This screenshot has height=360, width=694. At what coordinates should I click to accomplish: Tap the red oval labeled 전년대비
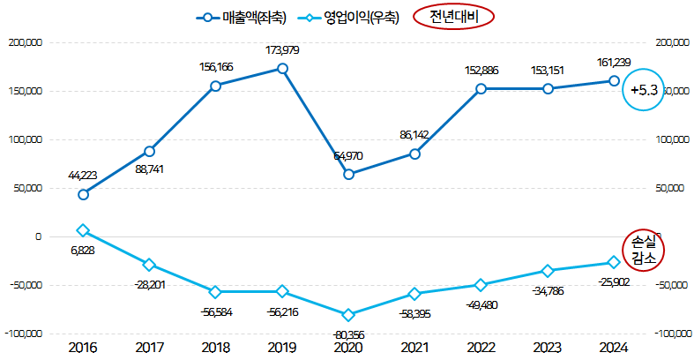pos(453,17)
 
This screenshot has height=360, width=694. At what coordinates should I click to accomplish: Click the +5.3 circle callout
pos(642,90)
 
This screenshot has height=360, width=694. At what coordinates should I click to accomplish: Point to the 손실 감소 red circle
pos(643,250)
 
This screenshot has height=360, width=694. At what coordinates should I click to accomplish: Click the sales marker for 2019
pos(282,68)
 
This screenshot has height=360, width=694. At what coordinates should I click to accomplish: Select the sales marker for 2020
pos(348,174)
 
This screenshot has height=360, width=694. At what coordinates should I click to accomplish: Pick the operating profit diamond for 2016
pos(83,230)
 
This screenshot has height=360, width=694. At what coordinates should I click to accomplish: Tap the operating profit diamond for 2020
pos(348,315)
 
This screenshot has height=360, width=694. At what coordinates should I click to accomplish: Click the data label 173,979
pos(282,50)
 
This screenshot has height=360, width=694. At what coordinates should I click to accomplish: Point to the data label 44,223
pos(83,176)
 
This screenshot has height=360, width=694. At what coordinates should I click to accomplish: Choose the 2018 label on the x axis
pos(215,348)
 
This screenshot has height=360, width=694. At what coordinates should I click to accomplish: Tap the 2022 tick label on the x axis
pos(481,348)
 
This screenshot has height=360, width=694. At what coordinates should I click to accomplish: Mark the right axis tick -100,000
pos(672,334)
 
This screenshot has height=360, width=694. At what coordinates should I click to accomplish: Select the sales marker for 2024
pos(614,80)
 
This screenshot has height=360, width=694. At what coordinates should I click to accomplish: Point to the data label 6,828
pos(83,250)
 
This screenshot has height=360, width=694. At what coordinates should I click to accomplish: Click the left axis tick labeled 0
pos(38,236)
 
